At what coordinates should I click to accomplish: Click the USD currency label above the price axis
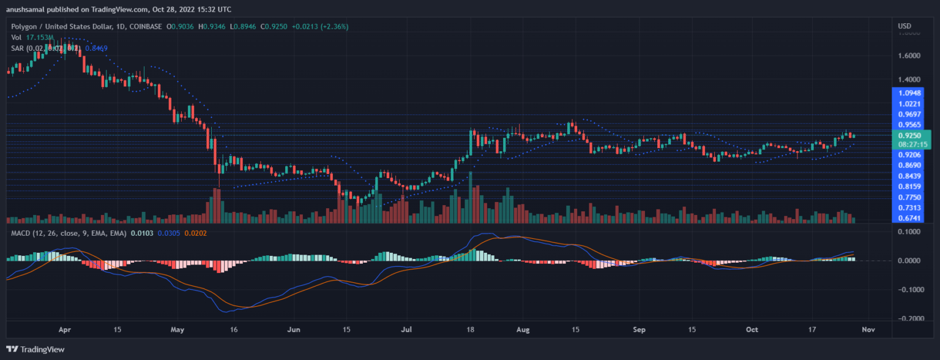pos(905,26)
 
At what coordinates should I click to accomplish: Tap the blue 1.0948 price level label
pos(909,93)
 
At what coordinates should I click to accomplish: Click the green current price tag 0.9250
pos(909,135)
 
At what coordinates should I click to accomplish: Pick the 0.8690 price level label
pos(909,165)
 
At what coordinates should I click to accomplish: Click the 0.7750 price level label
pos(909,197)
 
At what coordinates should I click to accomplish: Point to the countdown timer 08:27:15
pos(911,144)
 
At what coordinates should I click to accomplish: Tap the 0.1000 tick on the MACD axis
pos(909,231)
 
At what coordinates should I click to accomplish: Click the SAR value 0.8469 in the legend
pos(95,48)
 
